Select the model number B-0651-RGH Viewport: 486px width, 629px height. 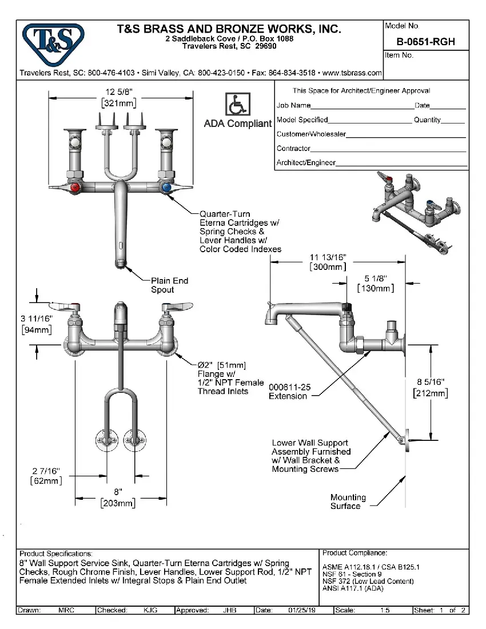pos(425,42)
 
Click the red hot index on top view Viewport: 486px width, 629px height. pos(74,188)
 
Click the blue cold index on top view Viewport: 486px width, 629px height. pos(166,188)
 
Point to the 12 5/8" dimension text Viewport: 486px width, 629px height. pos(119,92)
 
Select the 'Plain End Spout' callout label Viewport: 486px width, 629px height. pos(169,285)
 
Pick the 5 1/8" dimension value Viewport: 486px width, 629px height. pos(375,278)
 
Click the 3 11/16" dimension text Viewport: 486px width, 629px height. pos(37,319)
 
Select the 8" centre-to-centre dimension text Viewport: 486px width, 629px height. pos(118,492)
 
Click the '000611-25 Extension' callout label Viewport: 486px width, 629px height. pos(290,392)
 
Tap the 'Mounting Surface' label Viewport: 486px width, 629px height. pos(348,501)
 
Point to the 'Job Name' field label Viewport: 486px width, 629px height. pos(293,105)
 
